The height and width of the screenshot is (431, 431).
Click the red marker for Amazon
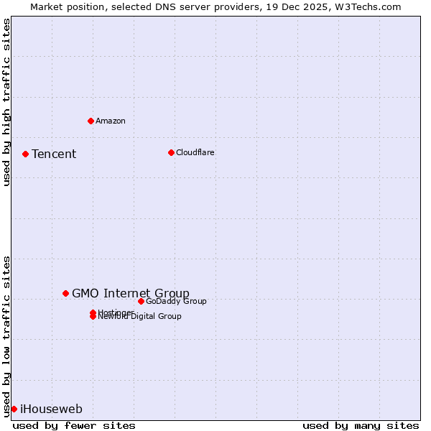(x=91, y=121)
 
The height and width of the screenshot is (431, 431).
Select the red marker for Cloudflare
(x=171, y=152)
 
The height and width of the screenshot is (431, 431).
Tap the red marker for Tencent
(x=25, y=154)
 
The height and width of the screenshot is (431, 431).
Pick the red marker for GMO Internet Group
(x=65, y=293)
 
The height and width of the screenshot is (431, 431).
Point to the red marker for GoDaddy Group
(x=141, y=301)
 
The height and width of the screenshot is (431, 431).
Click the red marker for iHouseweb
(x=14, y=409)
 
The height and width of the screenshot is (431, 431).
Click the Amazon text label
(x=111, y=121)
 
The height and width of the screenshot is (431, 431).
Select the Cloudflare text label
(x=195, y=152)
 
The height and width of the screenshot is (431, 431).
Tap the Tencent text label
(x=54, y=154)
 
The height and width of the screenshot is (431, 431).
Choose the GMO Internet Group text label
(x=131, y=293)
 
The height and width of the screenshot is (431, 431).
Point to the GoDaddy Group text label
(x=176, y=301)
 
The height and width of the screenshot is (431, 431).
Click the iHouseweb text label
(x=51, y=409)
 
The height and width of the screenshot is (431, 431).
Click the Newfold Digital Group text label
(x=140, y=317)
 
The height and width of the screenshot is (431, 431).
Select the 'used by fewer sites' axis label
(x=74, y=425)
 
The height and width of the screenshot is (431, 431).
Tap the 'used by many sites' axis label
(x=361, y=425)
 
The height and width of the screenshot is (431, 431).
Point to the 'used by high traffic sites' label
(x=6, y=102)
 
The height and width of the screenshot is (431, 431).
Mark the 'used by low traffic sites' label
(x=6, y=336)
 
